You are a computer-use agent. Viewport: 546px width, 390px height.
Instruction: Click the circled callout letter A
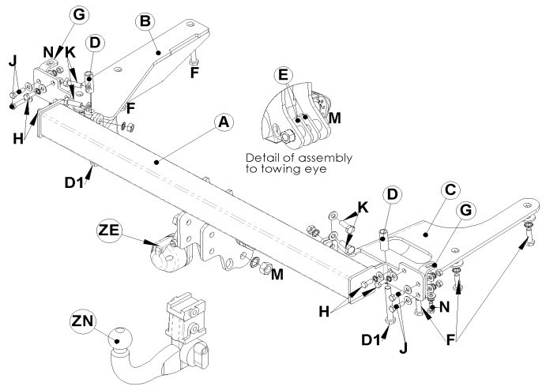pos(224,123)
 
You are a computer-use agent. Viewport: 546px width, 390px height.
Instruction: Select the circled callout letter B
pos(145,21)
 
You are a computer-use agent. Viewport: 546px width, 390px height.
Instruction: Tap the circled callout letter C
pos(450,190)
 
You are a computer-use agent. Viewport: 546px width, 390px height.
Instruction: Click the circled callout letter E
pos(284,75)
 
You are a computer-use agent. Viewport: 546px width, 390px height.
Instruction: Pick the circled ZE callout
pos(108,230)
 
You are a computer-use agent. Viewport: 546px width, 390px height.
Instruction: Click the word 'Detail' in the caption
pos(262,158)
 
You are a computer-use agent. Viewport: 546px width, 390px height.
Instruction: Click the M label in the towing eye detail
pos(334,118)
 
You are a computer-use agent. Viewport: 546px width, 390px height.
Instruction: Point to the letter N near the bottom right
pos(444,307)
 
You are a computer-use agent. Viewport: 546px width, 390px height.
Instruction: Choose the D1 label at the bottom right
pos(371,340)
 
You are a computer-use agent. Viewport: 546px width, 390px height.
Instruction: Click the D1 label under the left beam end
pos(74,182)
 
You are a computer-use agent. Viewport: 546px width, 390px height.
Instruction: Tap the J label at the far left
pos(13,62)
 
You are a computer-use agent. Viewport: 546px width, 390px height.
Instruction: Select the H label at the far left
pos(18,139)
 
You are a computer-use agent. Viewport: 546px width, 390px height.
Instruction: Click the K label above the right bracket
pos(363,208)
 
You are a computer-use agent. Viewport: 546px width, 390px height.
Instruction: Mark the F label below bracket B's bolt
pos(194,73)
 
